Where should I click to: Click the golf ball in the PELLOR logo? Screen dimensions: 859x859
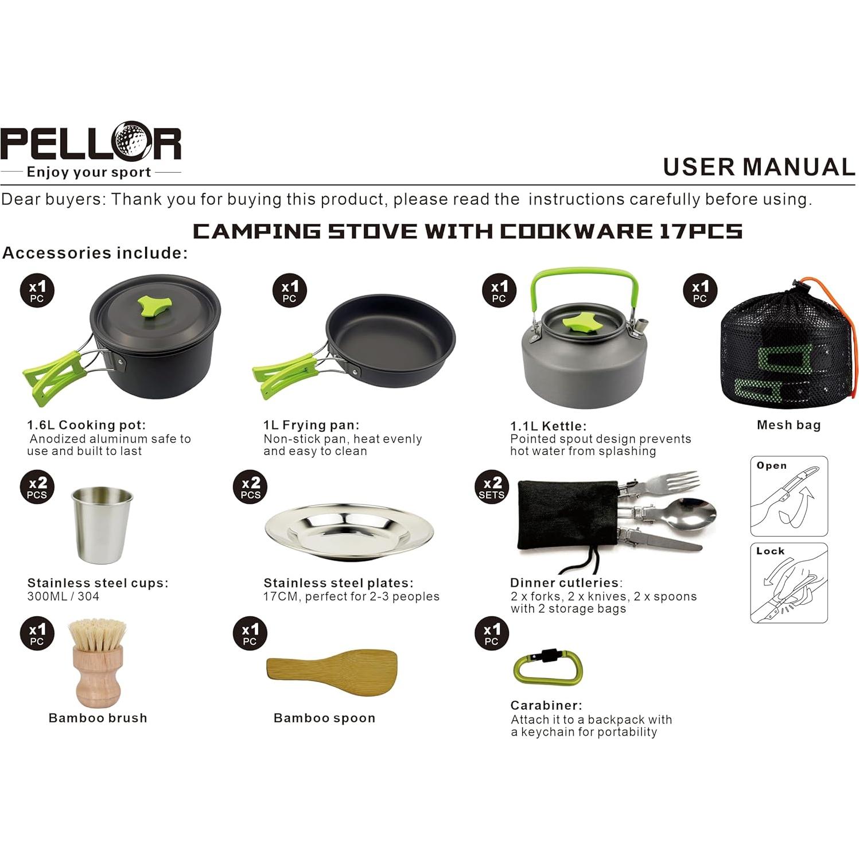point(131,141)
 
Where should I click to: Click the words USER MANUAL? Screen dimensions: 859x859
point(758,167)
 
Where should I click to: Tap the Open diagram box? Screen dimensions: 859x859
point(788,496)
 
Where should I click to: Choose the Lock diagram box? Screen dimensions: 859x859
point(788,583)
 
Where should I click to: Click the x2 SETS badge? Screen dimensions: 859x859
point(492,488)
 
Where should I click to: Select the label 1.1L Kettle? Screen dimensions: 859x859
point(547,426)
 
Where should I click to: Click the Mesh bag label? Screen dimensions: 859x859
point(788,425)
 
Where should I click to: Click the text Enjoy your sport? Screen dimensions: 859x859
point(89,172)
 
